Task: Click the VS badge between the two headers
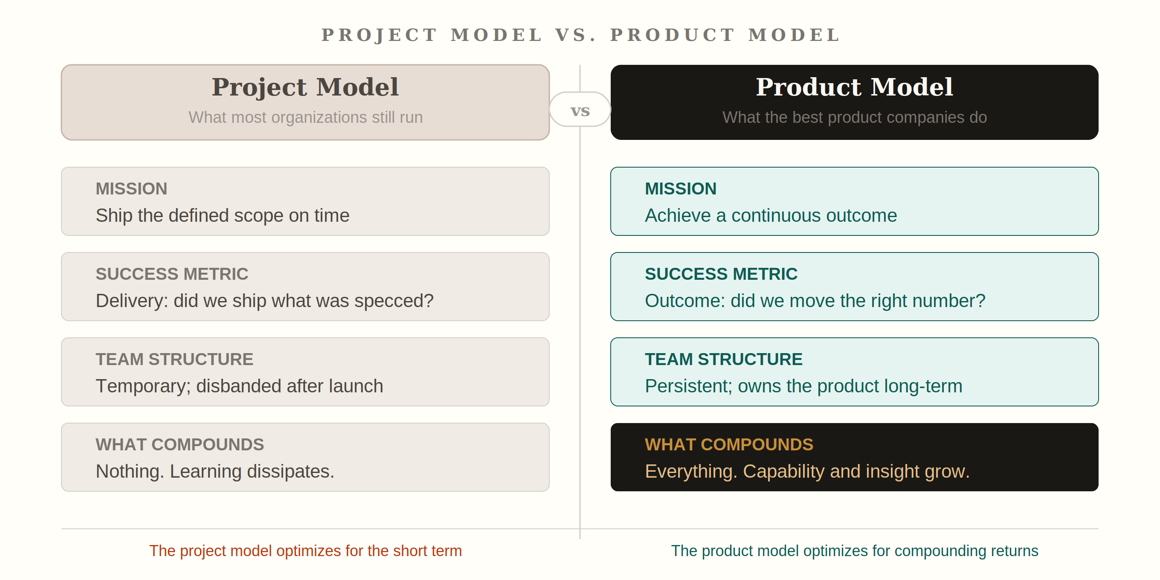pyautogui.click(x=580, y=110)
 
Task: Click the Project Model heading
pyautogui.click(x=305, y=87)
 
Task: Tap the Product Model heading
pyautogui.click(x=854, y=87)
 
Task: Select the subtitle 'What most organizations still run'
pyautogui.click(x=305, y=117)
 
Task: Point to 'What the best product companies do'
pyautogui.click(x=854, y=117)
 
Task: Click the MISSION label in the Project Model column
pyautogui.click(x=131, y=188)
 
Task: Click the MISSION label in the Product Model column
pyautogui.click(x=680, y=188)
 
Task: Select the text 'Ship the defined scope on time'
pyautogui.click(x=223, y=216)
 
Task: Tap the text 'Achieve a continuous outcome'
pyautogui.click(x=771, y=216)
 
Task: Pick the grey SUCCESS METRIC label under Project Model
pyautogui.click(x=172, y=274)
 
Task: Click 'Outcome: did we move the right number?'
pyautogui.click(x=815, y=301)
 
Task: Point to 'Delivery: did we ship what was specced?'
pyautogui.click(x=265, y=301)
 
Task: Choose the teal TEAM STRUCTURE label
pyautogui.click(x=724, y=360)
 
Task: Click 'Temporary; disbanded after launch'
pyautogui.click(x=240, y=386)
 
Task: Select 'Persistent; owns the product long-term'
pyautogui.click(x=804, y=386)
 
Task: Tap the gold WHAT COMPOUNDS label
pyautogui.click(x=729, y=444)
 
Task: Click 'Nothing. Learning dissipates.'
pyautogui.click(x=215, y=472)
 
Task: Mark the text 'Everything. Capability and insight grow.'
pyautogui.click(x=807, y=472)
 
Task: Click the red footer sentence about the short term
pyautogui.click(x=305, y=551)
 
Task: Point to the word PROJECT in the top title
pyautogui.click(x=379, y=35)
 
